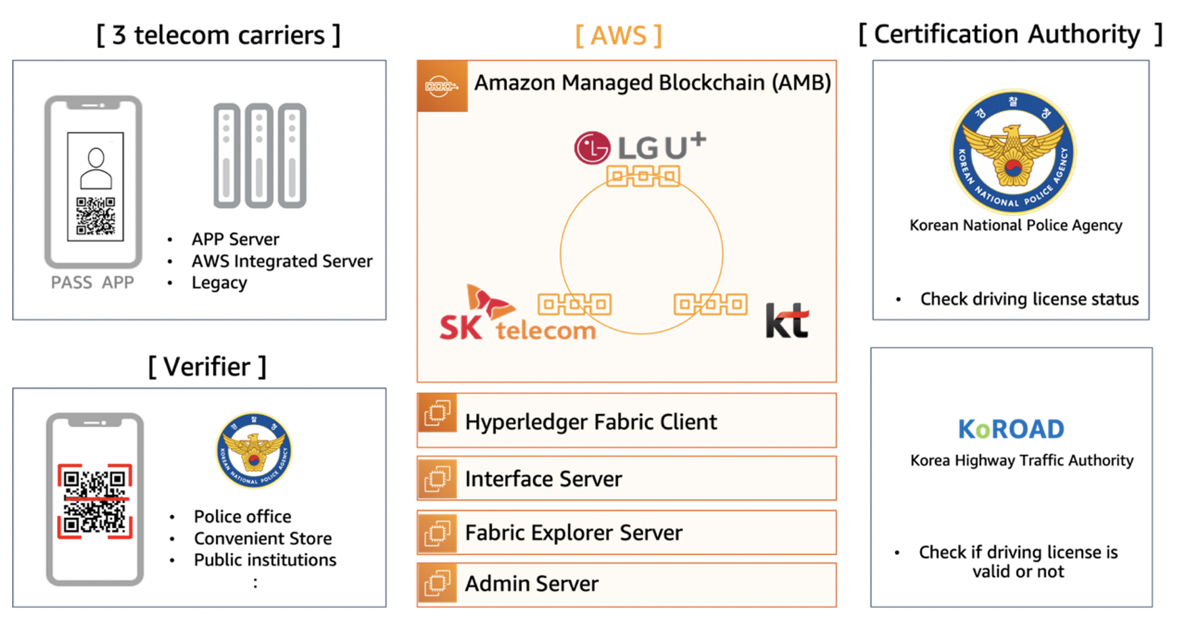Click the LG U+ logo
[640, 147]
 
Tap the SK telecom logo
[518, 313]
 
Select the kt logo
[787, 320]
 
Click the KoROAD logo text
[1011, 429]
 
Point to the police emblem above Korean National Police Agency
[1013, 152]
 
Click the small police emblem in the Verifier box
[254, 450]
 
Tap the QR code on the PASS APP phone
[95, 216]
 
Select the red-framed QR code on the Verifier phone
[95, 502]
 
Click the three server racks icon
[260, 156]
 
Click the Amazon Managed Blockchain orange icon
[442, 86]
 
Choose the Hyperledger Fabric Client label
[590, 422]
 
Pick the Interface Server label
[543, 478]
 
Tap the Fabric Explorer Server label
[573, 533]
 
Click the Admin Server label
[531, 583]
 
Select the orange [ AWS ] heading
[618, 35]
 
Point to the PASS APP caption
[93, 282]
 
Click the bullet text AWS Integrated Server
[282, 261]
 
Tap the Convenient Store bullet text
[263, 538]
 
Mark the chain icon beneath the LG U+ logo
[643, 177]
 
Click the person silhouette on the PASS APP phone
[96, 169]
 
